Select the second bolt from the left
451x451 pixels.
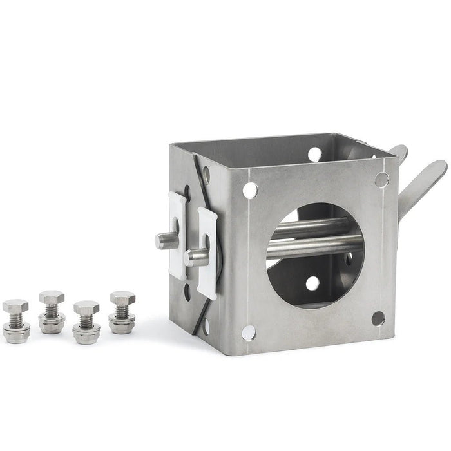[x=52, y=312]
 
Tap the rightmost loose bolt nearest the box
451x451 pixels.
[x=122, y=312]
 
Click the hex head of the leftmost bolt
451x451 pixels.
[x=15, y=306]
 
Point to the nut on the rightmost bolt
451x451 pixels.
[x=122, y=323]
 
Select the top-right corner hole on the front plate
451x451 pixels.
[x=381, y=180]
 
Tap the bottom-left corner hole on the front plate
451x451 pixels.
[x=248, y=332]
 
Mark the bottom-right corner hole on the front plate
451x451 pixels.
[x=378, y=318]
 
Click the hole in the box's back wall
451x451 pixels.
[x=314, y=154]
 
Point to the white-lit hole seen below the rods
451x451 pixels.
[x=312, y=283]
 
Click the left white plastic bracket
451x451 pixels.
[x=177, y=235]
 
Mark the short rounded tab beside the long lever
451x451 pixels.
[x=399, y=152]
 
